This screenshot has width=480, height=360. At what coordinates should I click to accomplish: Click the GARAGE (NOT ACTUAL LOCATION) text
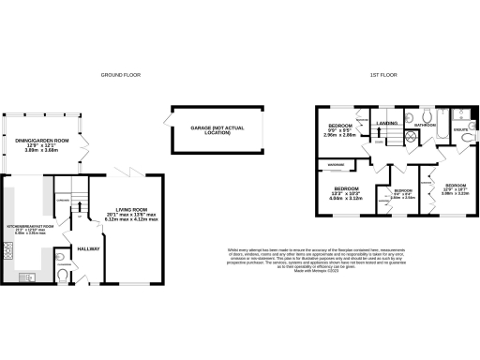pyautogui.click(x=212, y=131)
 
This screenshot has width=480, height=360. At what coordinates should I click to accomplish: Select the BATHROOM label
pyautogui.click(x=427, y=124)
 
